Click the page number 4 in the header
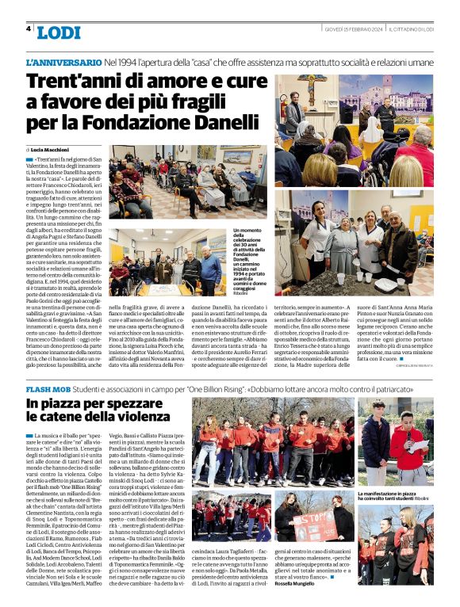[x=29, y=29]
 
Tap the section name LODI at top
[x=58, y=32]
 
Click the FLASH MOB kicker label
[x=48, y=391]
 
